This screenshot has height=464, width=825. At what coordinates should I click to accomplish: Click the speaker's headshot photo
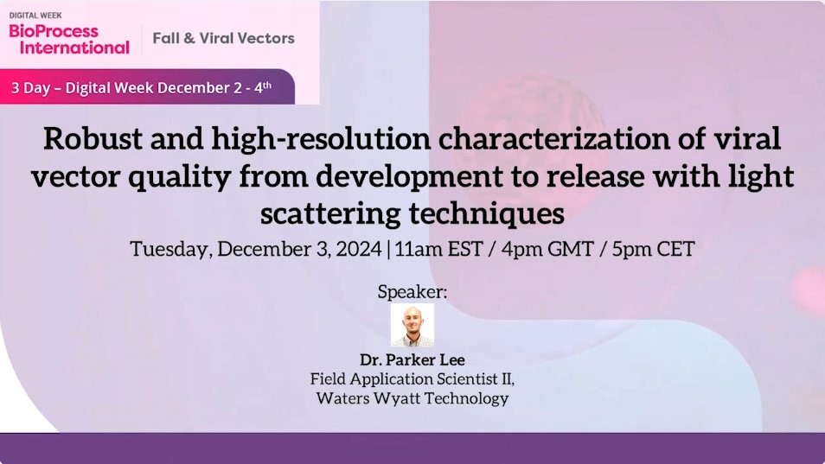(x=412, y=325)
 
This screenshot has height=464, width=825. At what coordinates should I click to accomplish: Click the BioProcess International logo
(x=69, y=40)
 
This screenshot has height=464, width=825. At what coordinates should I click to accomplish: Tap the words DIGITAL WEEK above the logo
(x=35, y=16)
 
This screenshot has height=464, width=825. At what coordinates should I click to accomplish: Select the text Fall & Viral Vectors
(x=224, y=38)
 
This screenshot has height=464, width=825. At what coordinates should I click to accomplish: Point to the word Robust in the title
(x=93, y=139)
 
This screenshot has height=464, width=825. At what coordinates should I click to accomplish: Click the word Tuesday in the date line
(x=171, y=250)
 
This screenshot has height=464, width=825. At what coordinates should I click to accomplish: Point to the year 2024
(x=359, y=249)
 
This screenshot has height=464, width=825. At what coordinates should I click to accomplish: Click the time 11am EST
(x=438, y=249)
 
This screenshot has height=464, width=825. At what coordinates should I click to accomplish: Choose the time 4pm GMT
(x=547, y=249)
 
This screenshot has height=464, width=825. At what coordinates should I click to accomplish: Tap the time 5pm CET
(x=653, y=249)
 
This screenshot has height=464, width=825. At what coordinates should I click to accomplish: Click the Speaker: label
(x=412, y=292)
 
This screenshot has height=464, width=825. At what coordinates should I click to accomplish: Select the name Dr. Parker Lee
(x=412, y=360)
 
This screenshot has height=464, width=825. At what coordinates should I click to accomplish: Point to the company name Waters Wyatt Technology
(x=412, y=398)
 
